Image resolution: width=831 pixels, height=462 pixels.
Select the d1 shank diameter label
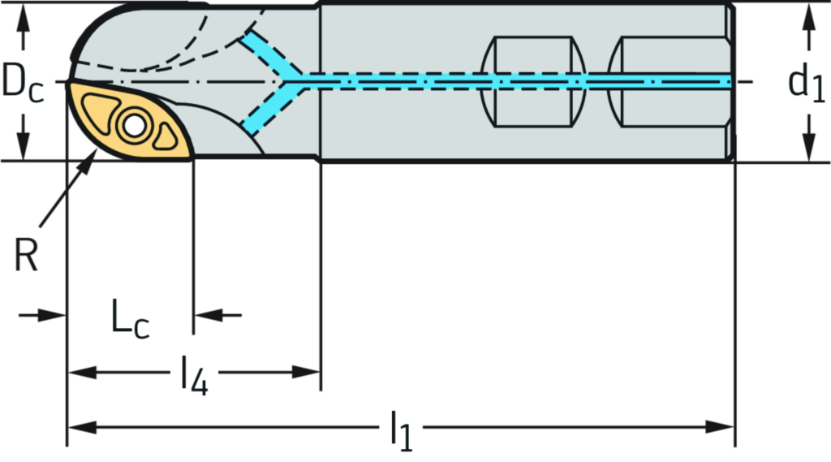coord(802,82)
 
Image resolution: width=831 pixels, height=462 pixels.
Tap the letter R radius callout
coord(26,257)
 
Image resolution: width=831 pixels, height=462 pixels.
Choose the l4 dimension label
coord(194,373)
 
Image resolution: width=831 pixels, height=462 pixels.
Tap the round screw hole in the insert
coord(132,125)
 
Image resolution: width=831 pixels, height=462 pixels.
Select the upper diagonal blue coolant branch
coord(265,54)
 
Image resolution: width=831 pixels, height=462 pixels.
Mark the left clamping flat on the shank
coord(533,81)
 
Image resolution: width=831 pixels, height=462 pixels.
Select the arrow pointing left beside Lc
coord(208,314)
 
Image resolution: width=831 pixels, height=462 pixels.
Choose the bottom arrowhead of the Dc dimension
coord(24,151)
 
